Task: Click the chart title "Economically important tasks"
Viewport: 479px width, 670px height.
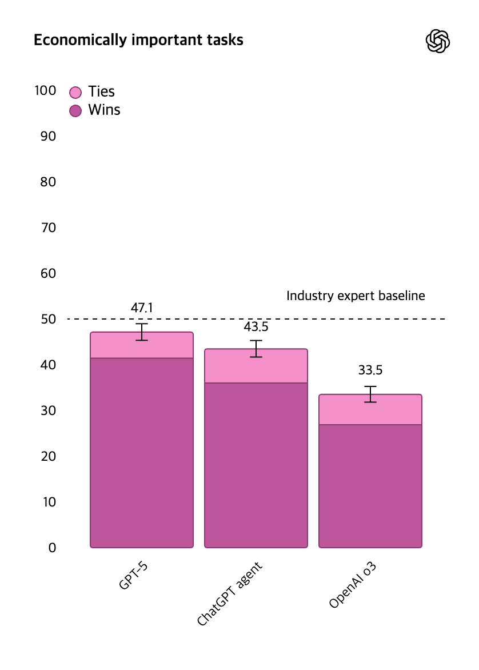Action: (x=138, y=40)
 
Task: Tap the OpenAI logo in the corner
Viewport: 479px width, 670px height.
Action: (x=438, y=41)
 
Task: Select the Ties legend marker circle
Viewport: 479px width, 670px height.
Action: (x=75, y=92)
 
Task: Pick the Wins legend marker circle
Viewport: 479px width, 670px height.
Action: (x=75, y=110)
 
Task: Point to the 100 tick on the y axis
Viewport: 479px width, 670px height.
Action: (x=45, y=90)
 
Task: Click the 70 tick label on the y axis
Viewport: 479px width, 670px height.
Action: (x=48, y=228)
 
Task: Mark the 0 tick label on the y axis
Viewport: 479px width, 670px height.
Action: (x=52, y=548)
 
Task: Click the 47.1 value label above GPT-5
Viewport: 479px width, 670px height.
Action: (x=142, y=308)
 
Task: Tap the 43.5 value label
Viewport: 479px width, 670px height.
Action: (x=256, y=327)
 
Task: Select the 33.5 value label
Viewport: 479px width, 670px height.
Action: (x=370, y=370)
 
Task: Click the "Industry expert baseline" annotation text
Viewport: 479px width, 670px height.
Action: (x=356, y=296)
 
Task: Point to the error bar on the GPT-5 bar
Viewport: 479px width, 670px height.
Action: (x=142, y=332)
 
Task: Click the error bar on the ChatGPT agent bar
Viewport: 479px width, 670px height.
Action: (x=256, y=349)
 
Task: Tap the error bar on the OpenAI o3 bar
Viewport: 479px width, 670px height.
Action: (x=370, y=394)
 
